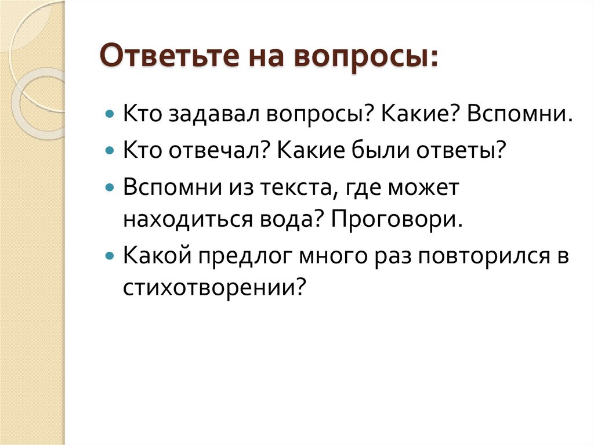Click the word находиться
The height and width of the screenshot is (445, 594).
point(186,221)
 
